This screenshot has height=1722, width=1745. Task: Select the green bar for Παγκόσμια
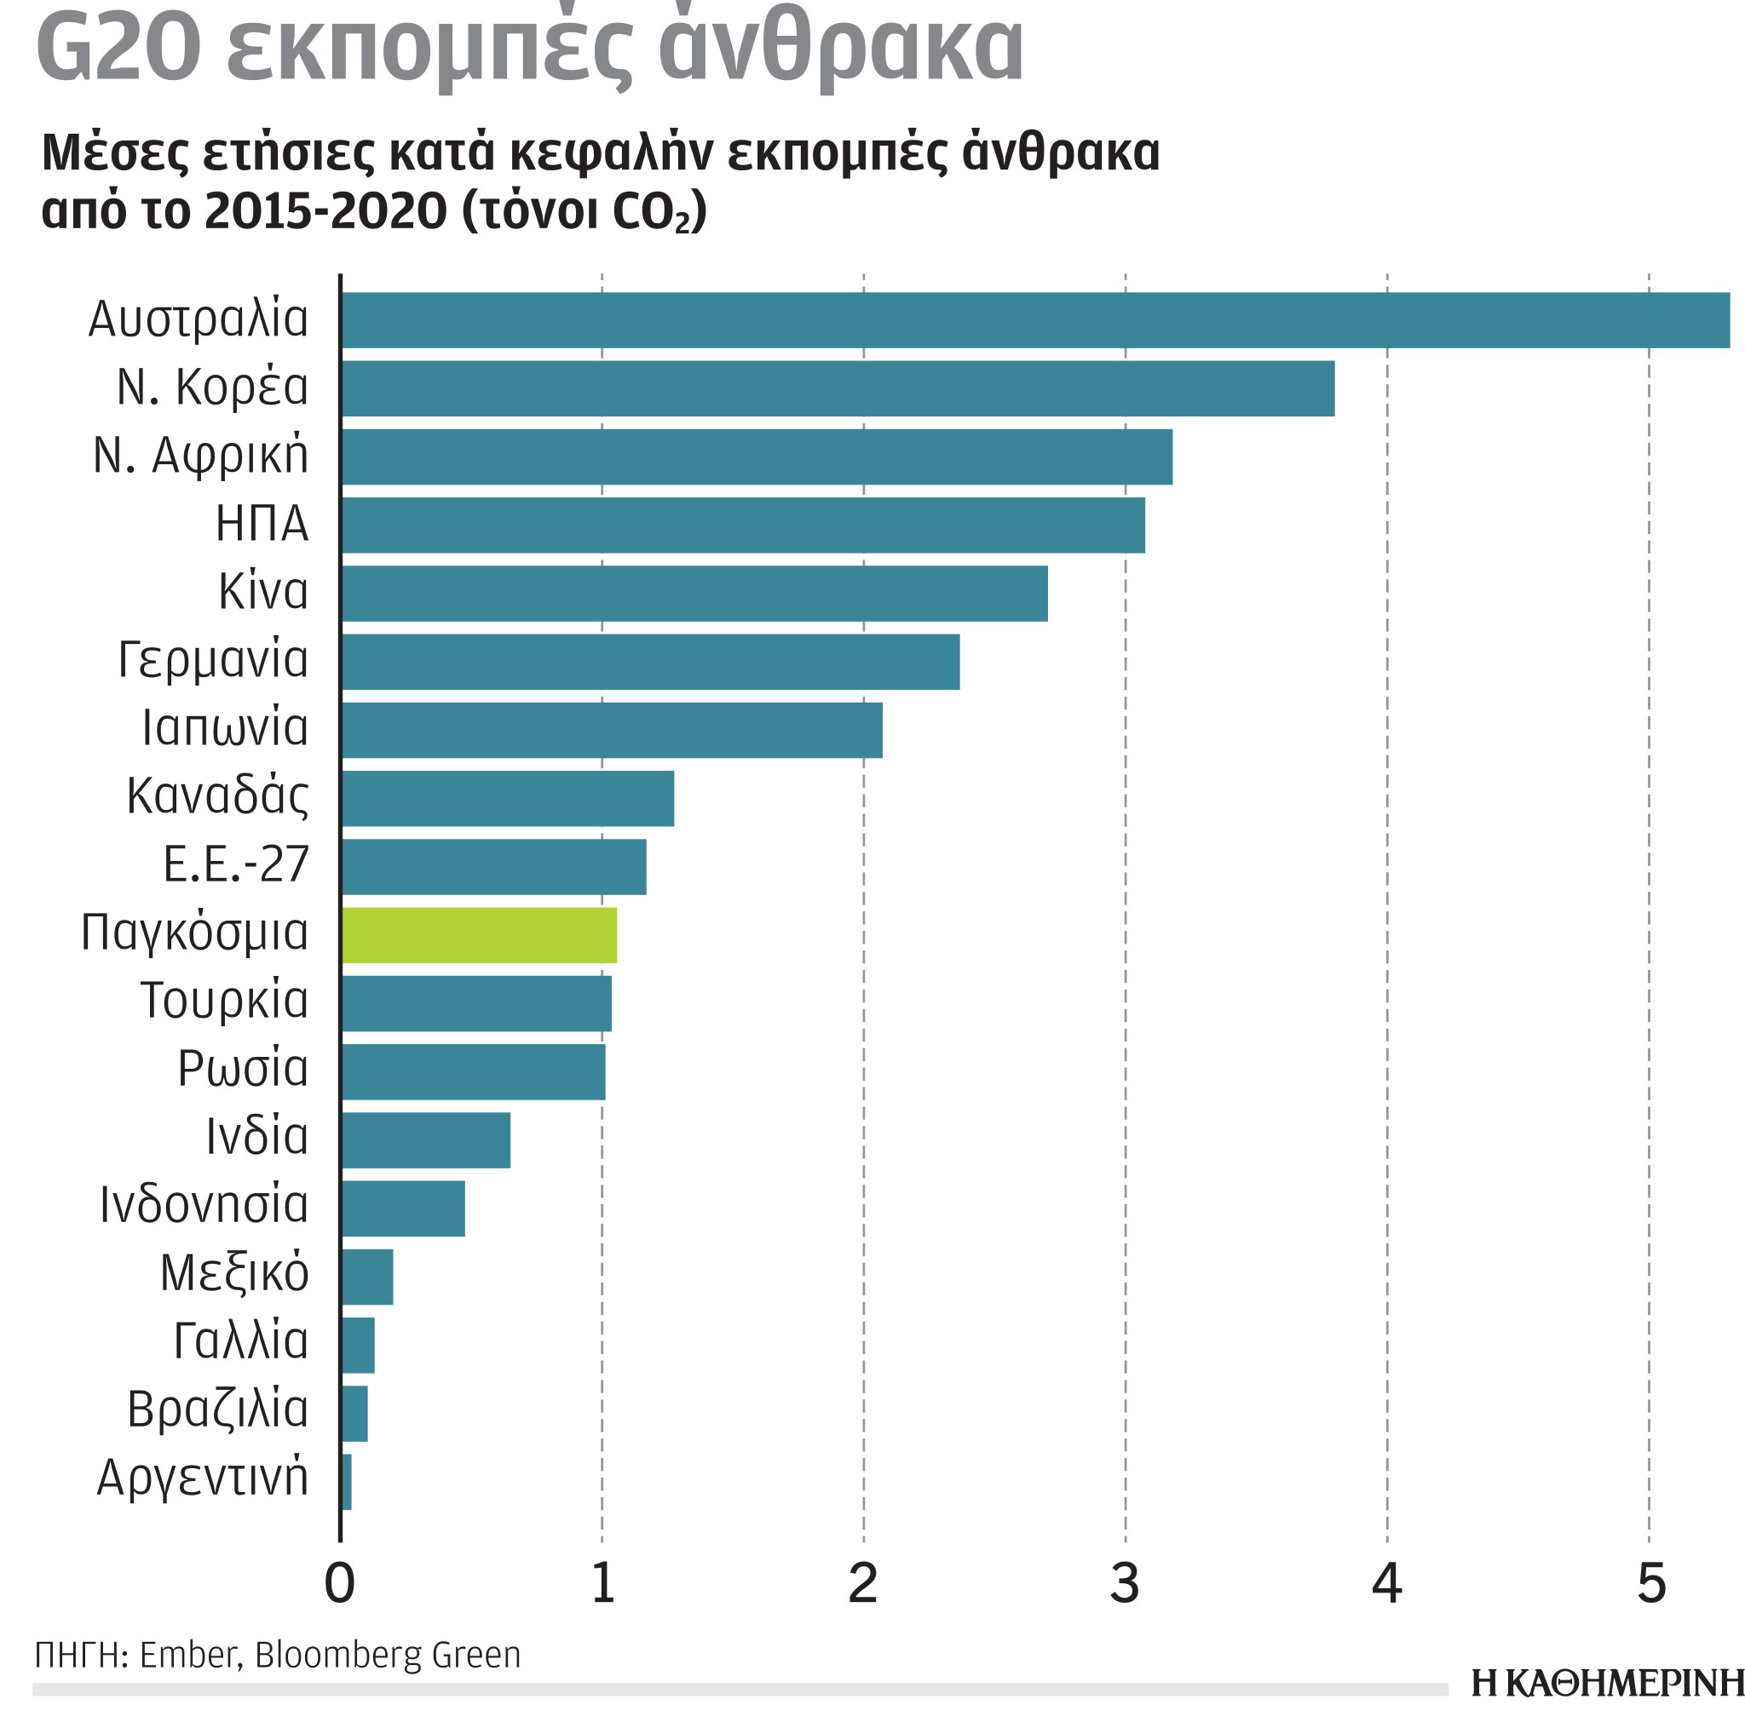(479, 935)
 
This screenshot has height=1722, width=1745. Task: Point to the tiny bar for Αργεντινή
(346, 1482)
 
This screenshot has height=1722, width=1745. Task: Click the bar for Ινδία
(425, 1140)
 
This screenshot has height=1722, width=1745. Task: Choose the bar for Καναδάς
(507, 798)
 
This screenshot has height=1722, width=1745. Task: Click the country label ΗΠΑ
(262, 524)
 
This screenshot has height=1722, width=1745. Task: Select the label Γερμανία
(213, 660)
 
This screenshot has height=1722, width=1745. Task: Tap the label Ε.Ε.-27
(236, 865)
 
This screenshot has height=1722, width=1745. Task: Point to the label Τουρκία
(224, 1001)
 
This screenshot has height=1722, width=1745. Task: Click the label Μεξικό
(235, 1274)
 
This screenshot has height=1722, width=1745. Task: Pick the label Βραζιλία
(217, 1410)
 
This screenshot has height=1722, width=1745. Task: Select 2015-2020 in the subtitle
(326, 211)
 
